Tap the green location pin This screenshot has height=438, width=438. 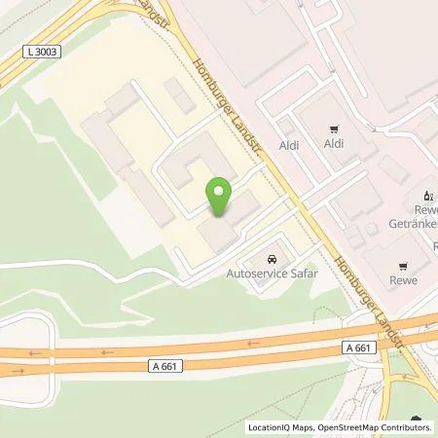click(220, 196)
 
